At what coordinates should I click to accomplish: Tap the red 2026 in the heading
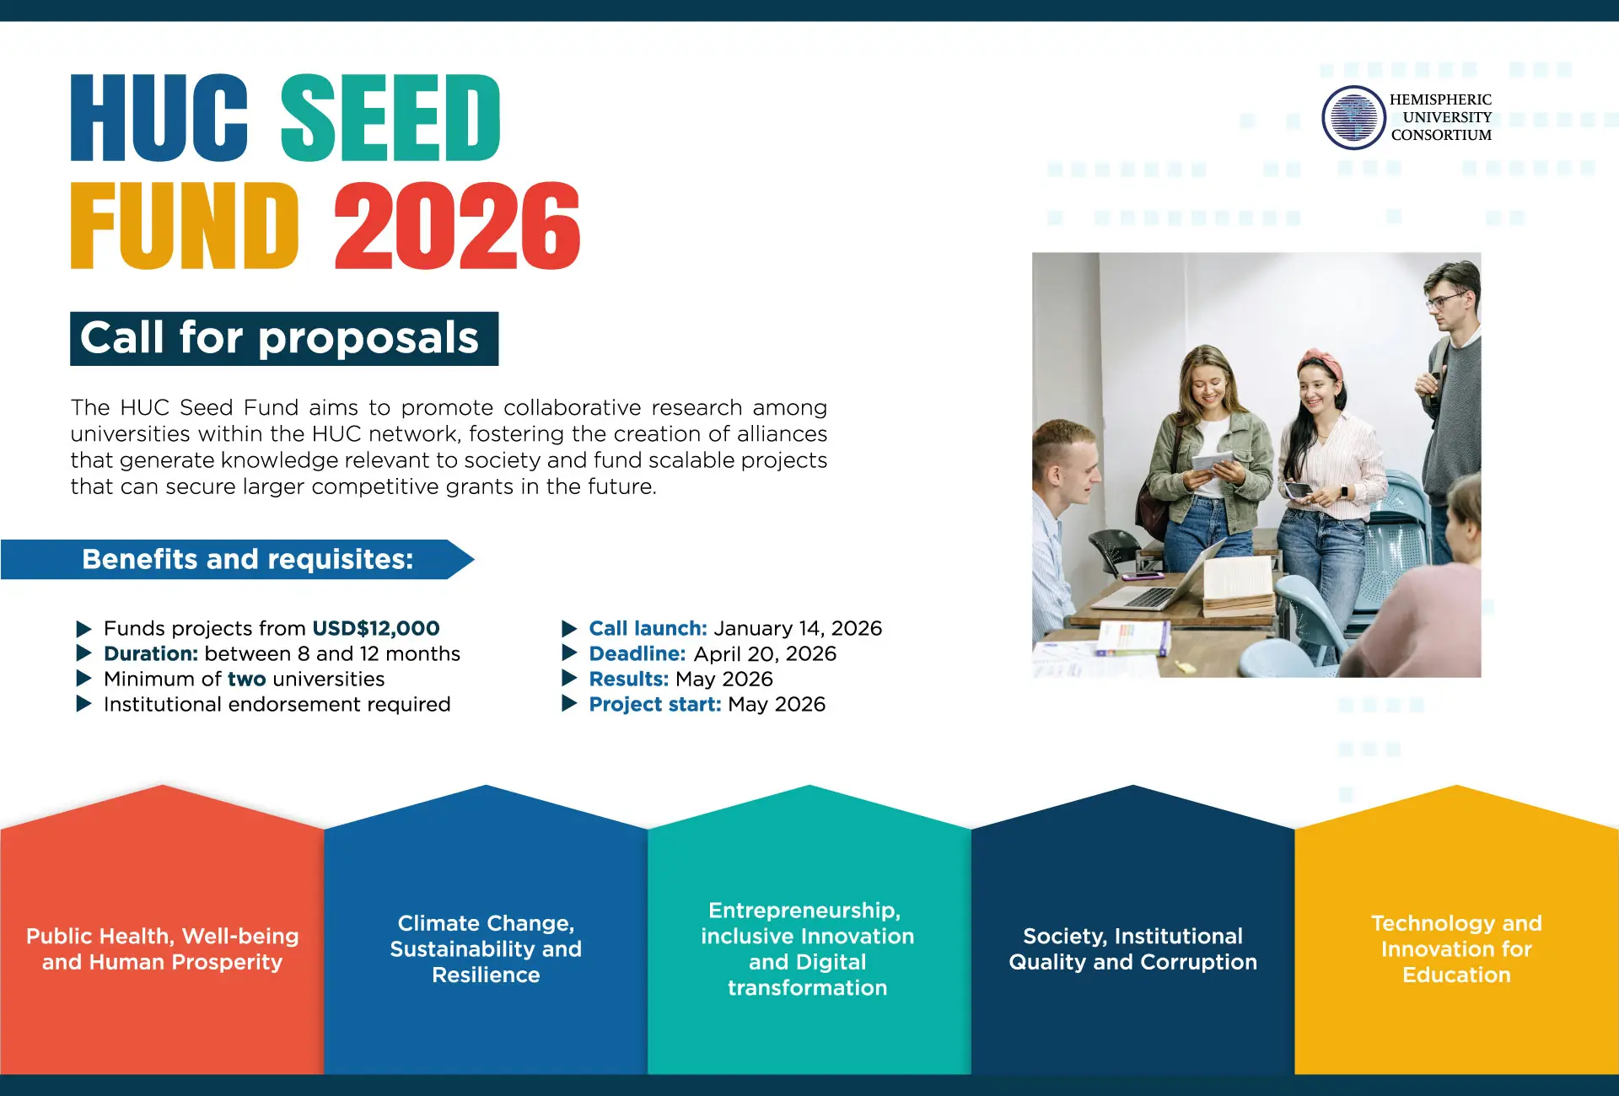[457, 226]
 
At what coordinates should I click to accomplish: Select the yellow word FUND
[185, 226]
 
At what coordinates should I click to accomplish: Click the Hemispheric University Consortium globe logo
[1353, 118]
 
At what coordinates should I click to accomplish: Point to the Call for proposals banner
[284, 339]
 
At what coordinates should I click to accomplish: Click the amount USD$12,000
[376, 628]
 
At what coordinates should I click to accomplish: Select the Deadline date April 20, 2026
[765, 653]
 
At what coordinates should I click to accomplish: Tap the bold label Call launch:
[648, 628]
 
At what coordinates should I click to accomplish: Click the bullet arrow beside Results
[570, 679]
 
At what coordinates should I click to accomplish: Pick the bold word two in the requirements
[246, 679]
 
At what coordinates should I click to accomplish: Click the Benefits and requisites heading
[248, 559]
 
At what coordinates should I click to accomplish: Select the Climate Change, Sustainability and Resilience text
[486, 948]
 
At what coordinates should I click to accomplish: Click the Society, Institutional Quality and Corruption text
[1133, 948]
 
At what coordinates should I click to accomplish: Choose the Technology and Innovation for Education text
[1456, 948]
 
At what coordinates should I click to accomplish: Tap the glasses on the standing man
[1444, 299]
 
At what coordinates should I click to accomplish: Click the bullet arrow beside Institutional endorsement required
[83, 704]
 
